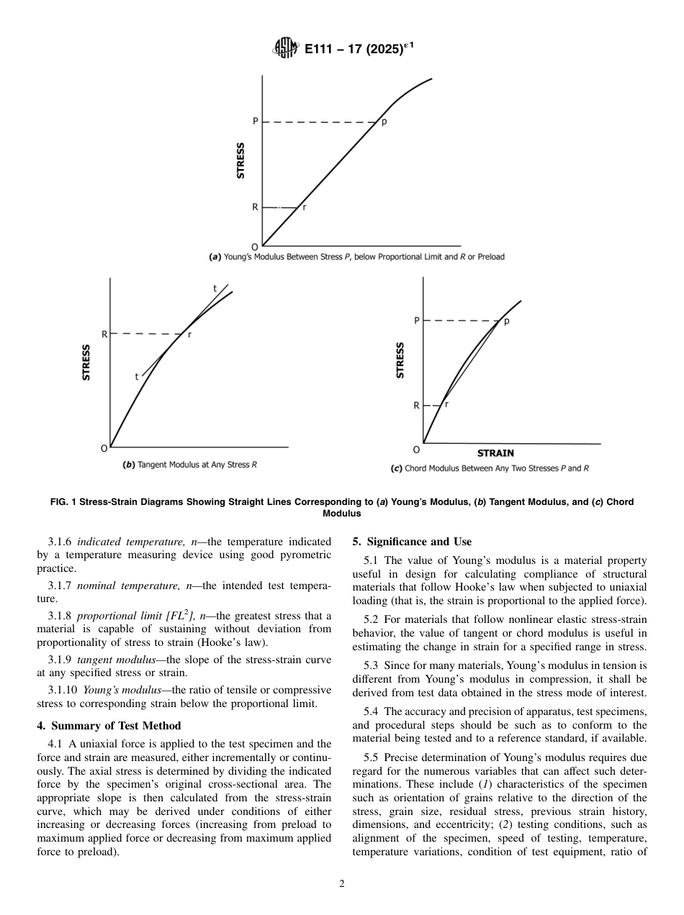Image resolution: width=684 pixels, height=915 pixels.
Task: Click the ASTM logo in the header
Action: [x=285, y=50]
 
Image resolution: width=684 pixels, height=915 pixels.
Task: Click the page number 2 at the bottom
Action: [x=342, y=884]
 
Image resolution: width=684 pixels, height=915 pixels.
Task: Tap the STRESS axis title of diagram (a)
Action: [x=240, y=160]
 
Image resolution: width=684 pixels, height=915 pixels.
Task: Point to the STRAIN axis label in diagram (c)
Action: [x=496, y=453]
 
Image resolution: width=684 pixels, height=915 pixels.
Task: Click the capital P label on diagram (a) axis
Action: [x=255, y=122]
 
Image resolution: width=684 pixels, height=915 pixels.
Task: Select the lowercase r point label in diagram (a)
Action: [x=305, y=207]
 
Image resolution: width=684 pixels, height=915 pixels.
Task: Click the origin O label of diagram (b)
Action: [x=104, y=448]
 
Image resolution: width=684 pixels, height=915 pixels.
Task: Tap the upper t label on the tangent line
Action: [x=215, y=289]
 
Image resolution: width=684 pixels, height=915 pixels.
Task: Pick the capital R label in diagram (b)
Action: [x=104, y=334]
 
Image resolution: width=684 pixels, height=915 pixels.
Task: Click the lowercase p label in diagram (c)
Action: [x=506, y=322]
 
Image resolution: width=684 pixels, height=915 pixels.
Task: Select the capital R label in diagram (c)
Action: [x=415, y=406]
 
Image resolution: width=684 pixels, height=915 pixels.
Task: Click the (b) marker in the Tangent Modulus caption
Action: [x=130, y=465]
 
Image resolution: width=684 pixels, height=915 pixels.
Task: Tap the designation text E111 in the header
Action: [x=322, y=50]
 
